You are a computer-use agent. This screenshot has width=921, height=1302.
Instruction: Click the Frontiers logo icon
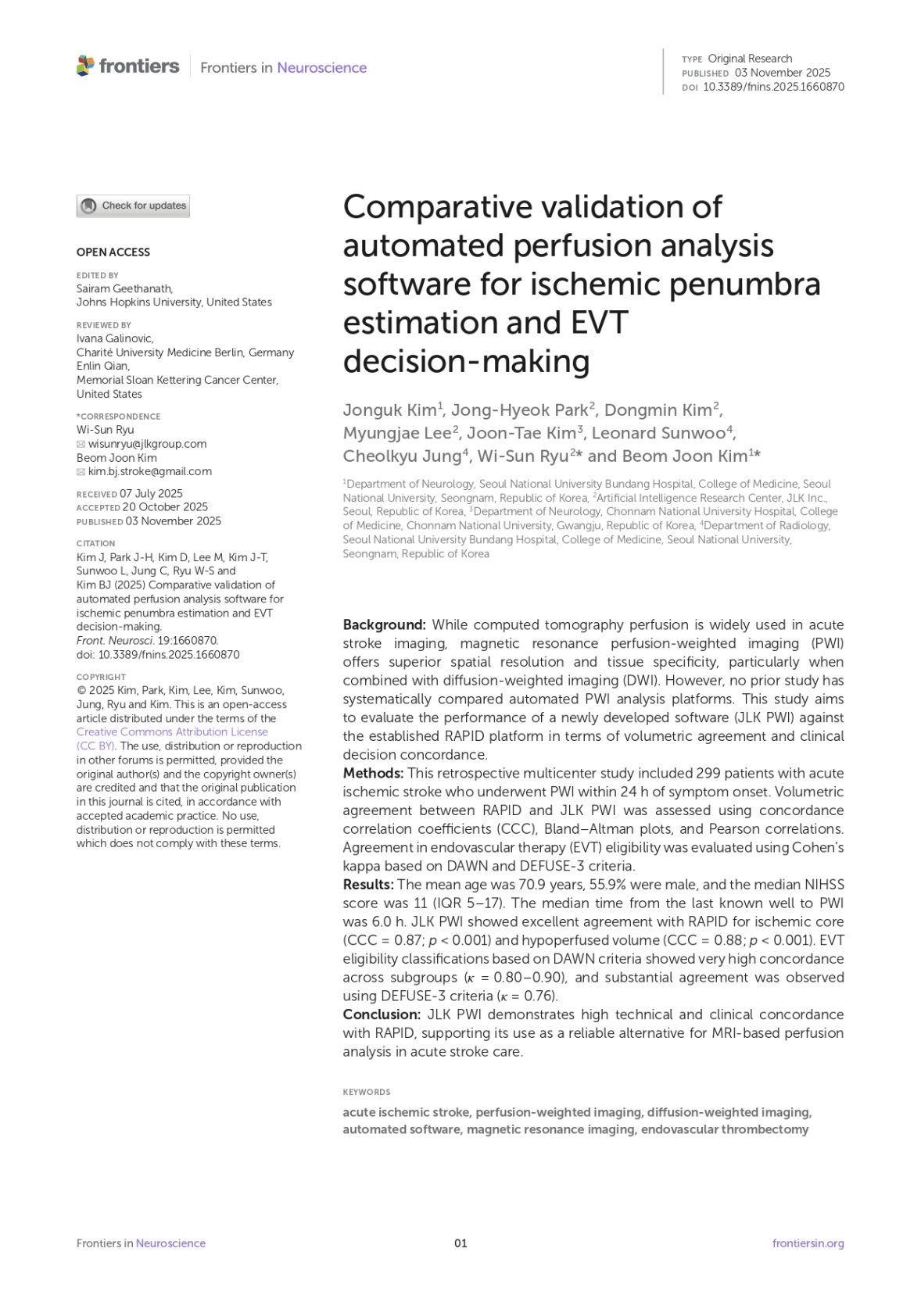point(85,66)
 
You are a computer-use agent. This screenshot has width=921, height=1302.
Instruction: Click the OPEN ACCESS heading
point(113,252)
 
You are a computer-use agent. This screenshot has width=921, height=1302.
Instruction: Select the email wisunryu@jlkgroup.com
point(147,444)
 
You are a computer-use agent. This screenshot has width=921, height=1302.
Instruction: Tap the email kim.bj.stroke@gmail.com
point(149,471)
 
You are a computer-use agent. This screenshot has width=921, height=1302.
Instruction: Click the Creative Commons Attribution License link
point(172,732)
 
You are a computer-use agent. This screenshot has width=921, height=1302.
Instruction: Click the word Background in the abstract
point(384,624)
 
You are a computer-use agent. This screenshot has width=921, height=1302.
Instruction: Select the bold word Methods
point(373,773)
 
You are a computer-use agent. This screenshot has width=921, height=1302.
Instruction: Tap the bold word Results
point(368,885)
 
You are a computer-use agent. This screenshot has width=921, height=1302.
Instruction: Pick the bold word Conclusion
point(382,1014)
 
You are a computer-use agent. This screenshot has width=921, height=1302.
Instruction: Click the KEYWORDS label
point(366,1092)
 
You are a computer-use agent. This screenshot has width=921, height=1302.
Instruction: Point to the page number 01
point(460,1243)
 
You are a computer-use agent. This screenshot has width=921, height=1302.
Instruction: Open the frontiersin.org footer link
point(808,1243)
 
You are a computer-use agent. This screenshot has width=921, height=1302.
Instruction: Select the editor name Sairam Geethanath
point(124,288)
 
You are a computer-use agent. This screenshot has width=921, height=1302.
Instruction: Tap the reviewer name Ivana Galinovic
point(114,338)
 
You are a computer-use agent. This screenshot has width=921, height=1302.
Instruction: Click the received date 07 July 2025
point(151,493)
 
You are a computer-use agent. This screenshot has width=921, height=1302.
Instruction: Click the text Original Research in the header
point(749,59)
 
